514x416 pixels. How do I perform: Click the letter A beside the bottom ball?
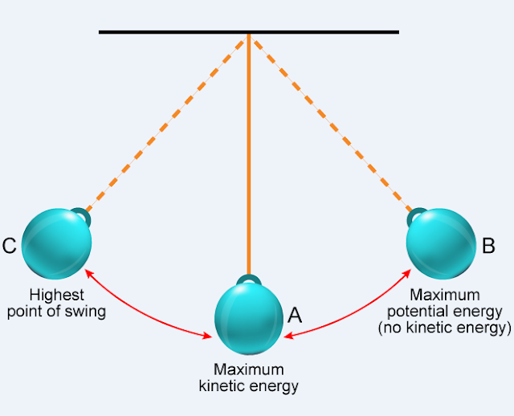pos(295,315)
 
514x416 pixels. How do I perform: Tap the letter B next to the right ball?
pos(487,246)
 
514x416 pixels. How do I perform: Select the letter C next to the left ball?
pos(10,246)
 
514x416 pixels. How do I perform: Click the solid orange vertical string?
pos(249,161)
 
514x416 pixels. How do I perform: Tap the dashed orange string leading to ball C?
pos(169,120)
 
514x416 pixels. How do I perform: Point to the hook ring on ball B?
pos(417,214)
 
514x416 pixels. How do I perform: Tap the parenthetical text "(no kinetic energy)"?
pos(444,328)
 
